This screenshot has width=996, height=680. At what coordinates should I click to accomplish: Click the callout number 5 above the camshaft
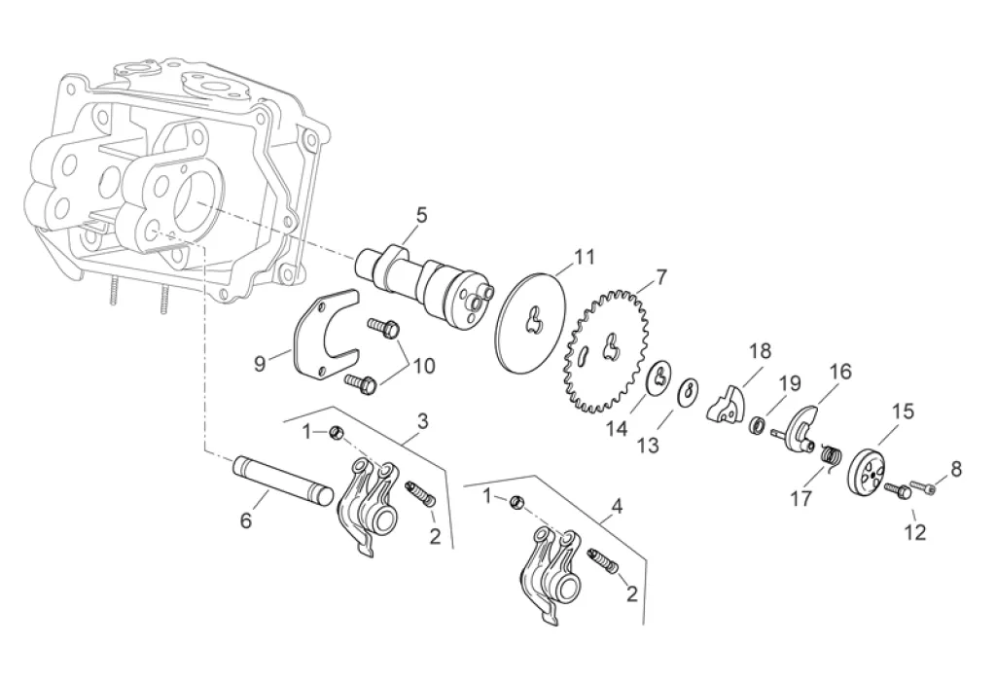pos(421,215)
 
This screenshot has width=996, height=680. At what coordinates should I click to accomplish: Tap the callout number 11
pos(583,258)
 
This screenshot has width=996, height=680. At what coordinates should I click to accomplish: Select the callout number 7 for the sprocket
pos(660,277)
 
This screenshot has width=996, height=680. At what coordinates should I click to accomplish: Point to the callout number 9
pos(260,364)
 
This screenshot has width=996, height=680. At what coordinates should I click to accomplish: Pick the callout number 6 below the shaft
pos(246,521)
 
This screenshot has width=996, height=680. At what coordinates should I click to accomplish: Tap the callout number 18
pos(759,351)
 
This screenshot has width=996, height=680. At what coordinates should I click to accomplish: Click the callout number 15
pos(903,412)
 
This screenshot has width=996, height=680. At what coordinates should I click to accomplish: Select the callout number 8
pos(955,469)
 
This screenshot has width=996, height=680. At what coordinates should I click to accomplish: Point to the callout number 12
pos(914,532)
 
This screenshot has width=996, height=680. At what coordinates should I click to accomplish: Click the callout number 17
pos(800,498)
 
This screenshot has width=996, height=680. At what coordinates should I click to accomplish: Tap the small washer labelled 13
pos(686,389)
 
